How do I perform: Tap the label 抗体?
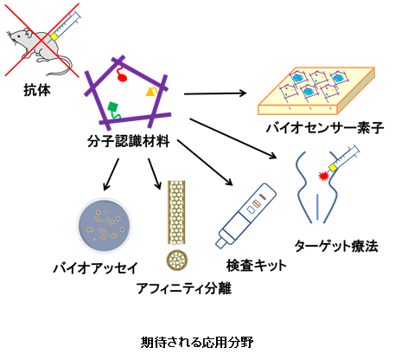[37, 90]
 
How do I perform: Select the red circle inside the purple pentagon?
[122, 77]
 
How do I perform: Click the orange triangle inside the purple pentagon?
[151, 91]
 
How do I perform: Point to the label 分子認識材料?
[129, 141]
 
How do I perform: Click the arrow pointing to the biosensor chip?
[215, 93]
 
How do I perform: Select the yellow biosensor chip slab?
[316, 91]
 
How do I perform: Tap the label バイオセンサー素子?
[325, 127]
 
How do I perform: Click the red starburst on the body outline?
[324, 175]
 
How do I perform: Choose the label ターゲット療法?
[336, 246]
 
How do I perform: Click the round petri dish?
[105, 225]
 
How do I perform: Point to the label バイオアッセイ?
[96, 268]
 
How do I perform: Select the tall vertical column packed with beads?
[176, 213]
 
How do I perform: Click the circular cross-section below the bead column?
[177, 260]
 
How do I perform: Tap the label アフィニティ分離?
[184, 288]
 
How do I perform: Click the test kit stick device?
[245, 215]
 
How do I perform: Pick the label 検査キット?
[257, 266]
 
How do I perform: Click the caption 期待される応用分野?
[197, 343]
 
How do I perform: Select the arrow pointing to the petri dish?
[111, 174]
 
